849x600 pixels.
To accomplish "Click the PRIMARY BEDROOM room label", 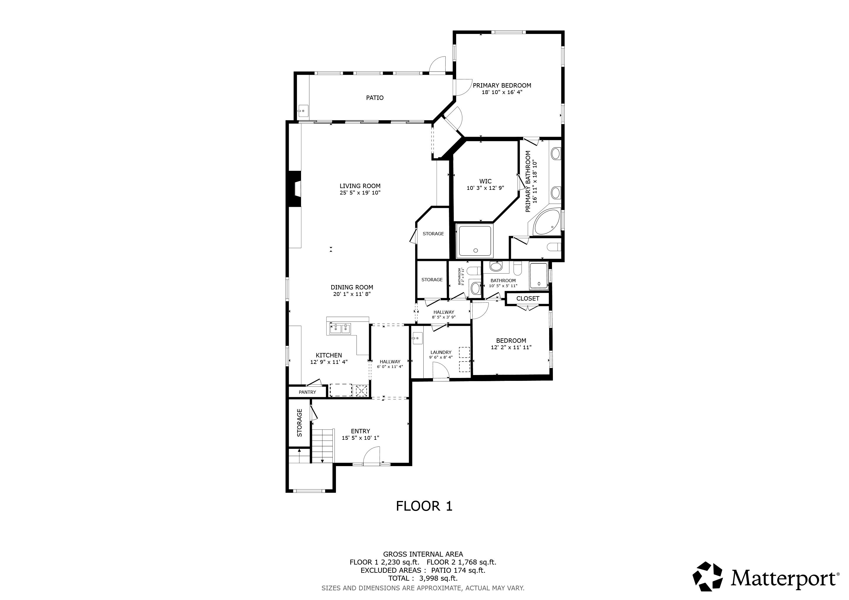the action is pos(502,85).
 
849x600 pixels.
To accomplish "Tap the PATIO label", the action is pos(375,98).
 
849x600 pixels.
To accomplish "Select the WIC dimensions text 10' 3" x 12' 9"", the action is pos(485,188).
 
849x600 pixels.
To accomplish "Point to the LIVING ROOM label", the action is pos(360,186).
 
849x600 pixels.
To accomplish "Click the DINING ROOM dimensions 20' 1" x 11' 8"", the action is pos(352,294).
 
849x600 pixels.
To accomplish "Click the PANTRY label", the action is pos(307,392).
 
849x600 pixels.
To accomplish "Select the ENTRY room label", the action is pos(360,431).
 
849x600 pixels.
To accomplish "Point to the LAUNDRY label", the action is pos(441,352).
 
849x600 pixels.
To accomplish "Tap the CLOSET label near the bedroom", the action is pos(528,299).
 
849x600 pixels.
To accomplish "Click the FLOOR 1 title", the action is pos(424,506).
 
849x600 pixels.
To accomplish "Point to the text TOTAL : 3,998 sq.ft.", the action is pos(423,578).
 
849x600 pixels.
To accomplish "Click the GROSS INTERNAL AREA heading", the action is pos(423,554).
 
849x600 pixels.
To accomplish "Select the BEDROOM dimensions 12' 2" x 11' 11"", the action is pos(511,347).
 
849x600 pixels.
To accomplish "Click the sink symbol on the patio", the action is pos(303,110).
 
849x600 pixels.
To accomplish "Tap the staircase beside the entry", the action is pos(322,445).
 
